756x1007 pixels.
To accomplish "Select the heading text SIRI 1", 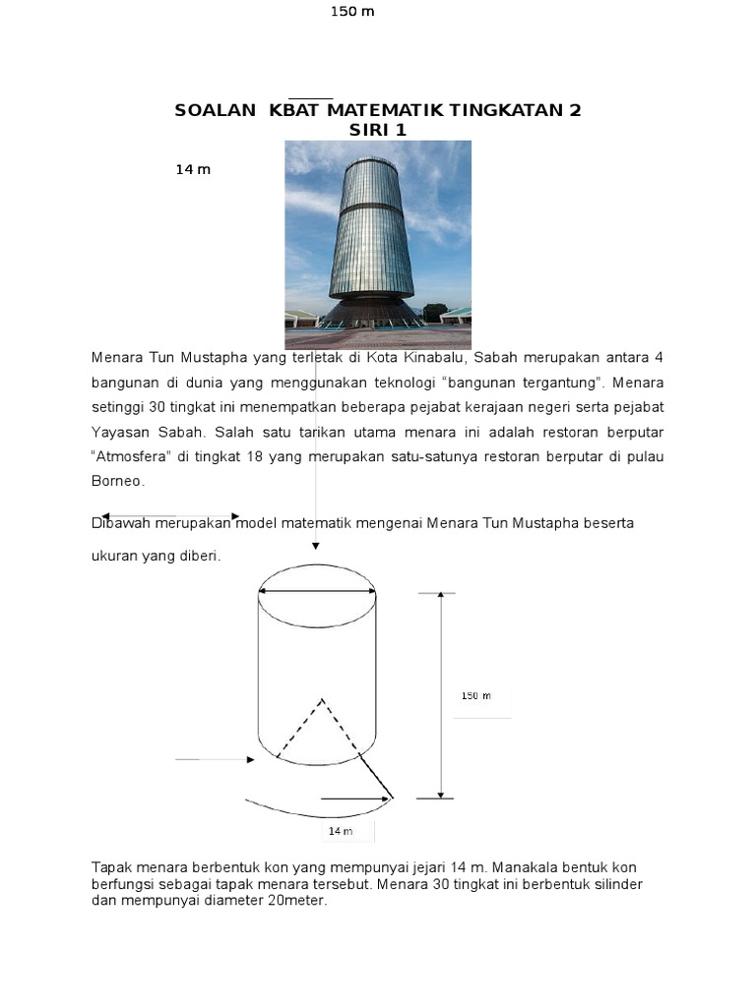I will (377, 131).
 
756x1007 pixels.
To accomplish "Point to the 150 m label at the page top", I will (353, 12).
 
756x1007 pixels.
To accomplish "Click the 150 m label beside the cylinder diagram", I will (475, 696).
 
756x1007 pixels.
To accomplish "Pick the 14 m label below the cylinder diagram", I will (340, 832).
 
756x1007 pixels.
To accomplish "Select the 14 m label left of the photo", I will (193, 169).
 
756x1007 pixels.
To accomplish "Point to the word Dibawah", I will (121, 523).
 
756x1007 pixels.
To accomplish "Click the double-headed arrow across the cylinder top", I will (317, 591).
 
